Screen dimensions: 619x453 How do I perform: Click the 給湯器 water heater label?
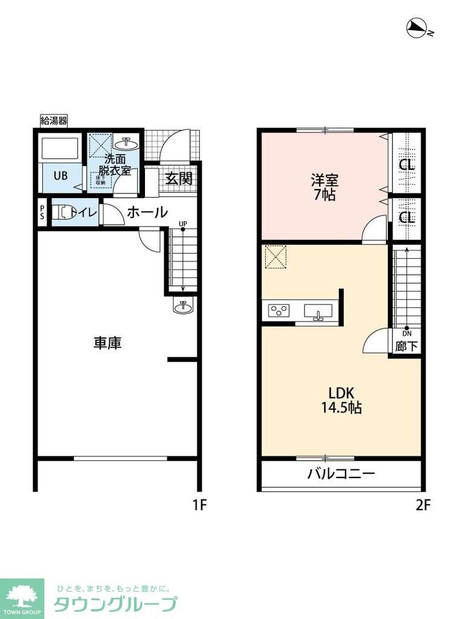53,121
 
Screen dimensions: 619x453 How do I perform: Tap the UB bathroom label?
60,177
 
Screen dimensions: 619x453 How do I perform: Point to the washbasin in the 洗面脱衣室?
129,143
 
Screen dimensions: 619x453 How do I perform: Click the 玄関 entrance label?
179,179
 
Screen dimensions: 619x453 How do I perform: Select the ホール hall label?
147,212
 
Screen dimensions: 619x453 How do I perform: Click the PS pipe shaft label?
42,213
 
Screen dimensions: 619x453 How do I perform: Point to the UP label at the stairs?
182,224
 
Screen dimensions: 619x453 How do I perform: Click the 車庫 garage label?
108,343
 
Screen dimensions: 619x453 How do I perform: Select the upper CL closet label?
407,165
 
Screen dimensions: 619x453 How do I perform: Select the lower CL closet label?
407,217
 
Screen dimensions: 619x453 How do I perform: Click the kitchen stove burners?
279,311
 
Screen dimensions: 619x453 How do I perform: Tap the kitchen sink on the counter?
318,312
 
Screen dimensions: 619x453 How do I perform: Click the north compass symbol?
417,27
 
